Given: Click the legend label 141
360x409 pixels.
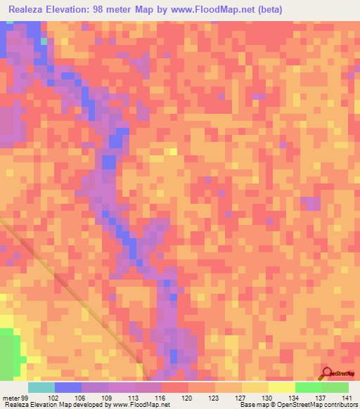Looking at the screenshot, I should pyautogui.click(x=346, y=397).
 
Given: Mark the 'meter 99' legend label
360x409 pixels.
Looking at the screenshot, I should pyautogui.click(x=13, y=397).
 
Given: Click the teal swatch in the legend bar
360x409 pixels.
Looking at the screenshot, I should pyautogui.click(x=41, y=387).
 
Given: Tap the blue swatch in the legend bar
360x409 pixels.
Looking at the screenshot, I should pyautogui.click(x=68, y=387).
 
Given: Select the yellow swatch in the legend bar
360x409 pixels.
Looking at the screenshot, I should pyautogui.click(x=282, y=387).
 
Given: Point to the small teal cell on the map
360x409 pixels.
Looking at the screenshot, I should pyautogui.click(x=44, y=41).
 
